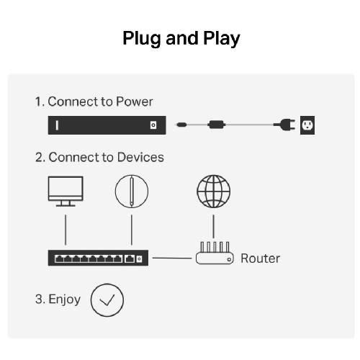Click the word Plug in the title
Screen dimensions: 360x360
tap(142, 39)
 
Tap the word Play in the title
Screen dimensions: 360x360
tap(221, 39)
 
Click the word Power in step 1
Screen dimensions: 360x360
tap(135, 102)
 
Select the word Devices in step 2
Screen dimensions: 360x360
tap(140, 157)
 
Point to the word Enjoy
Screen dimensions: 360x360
tap(64, 300)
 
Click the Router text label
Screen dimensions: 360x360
tap(260, 258)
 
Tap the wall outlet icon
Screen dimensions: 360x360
tap(307, 125)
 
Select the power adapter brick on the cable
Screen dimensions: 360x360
tap(216, 125)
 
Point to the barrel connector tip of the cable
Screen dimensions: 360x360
tap(181, 125)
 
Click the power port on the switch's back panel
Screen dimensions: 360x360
tap(153, 125)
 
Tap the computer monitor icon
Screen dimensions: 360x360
tap(66, 192)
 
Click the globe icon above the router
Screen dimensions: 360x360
tap(213, 192)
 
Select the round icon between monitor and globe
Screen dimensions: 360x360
tap(132, 192)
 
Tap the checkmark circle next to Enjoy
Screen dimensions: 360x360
tap(107, 300)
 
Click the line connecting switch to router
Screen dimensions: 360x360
tap(172, 258)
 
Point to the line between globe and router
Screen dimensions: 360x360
tap(213, 227)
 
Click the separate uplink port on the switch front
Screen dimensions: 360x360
tap(130, 258)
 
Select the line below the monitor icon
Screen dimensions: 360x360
tap(66, 230)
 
